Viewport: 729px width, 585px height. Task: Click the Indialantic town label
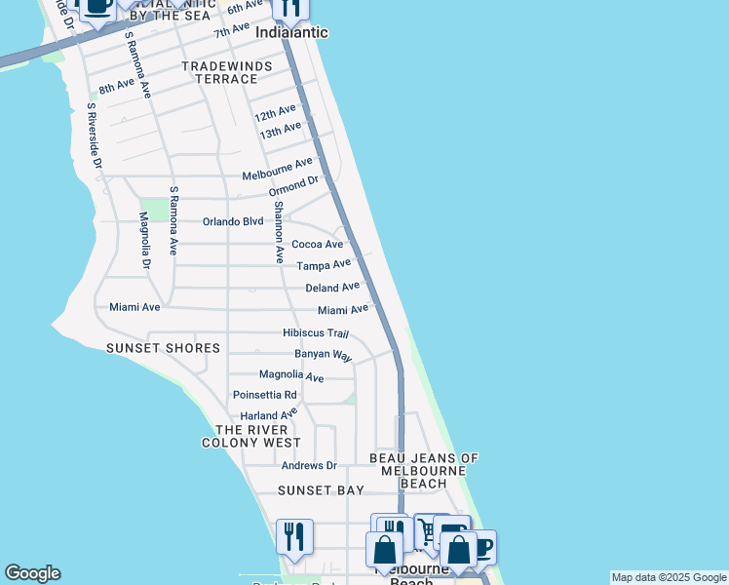(x=290, y=32)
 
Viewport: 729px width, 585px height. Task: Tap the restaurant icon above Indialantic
(x=289, y=8)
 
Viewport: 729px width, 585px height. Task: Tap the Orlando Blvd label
(x=233, y=221)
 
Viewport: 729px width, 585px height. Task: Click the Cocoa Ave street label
(x=318, y=244)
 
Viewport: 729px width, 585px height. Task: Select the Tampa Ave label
(x=323, y=265)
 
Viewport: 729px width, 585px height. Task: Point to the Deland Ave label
(x=332, y=288)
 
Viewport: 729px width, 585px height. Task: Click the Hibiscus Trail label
(x=315, y=333)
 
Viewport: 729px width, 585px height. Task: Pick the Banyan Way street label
(x=323, y=355)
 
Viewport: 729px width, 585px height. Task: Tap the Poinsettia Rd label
(x=264, y=395)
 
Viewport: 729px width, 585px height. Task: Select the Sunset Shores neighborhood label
(x=163, y=348)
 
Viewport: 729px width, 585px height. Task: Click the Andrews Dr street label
(x=308, y=466)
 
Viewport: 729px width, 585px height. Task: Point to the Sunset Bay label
(x=321, y=490)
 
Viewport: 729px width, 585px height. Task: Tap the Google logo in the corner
(x=32, y=573)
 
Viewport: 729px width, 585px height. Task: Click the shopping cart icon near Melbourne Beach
(x=427, y=530)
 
